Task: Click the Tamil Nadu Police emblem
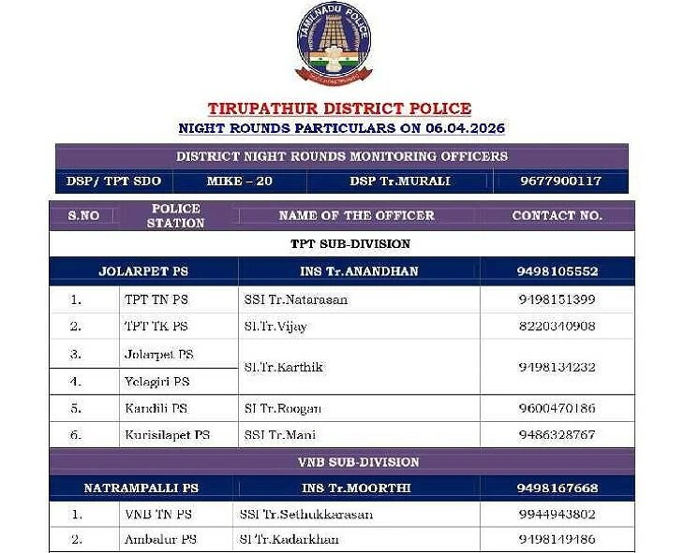334,45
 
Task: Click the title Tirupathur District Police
339,109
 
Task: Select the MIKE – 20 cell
239,181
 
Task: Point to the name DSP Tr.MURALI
400,181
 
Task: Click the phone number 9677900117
560,181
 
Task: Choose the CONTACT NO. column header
557,215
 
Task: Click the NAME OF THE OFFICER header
357,215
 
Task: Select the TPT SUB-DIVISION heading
337,244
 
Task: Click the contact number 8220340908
557,327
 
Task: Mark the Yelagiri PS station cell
156,382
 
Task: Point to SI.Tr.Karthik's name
283,367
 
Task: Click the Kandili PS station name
156,409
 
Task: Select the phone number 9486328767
557,435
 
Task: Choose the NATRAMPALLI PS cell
141,488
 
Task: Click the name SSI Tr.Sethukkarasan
305,515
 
